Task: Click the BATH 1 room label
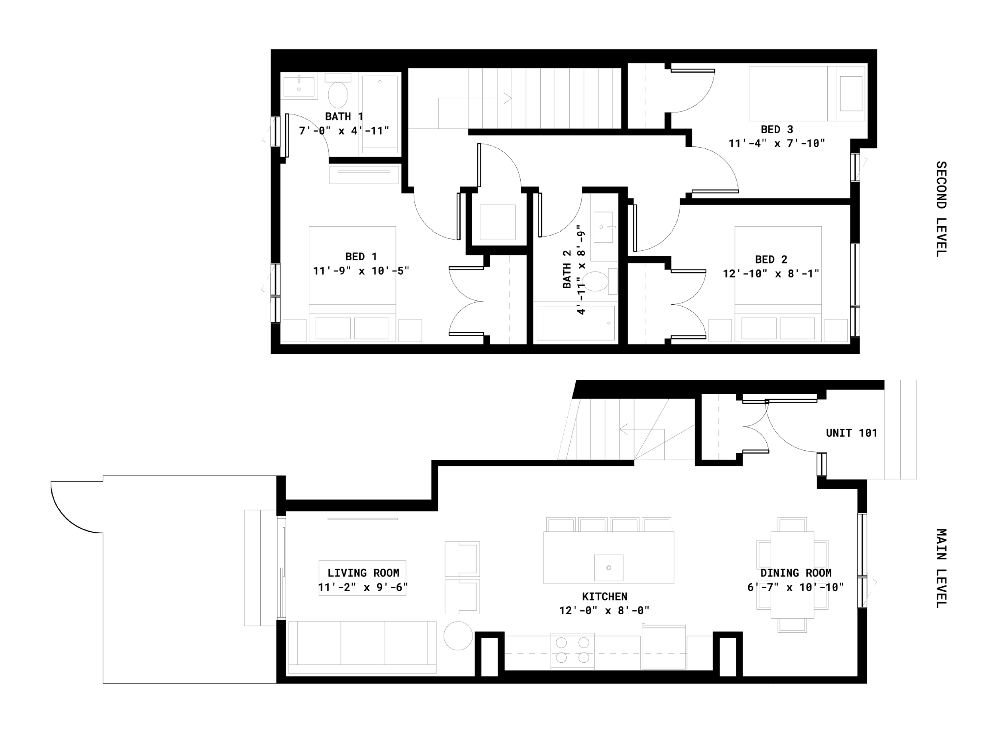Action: pos(344,117)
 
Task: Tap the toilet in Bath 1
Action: pos(338,91)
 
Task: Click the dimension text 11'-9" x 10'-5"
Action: pos(361,271)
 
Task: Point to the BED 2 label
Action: pos(771,260)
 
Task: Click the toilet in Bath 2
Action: pos(600,281)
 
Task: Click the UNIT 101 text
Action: pos(851,433)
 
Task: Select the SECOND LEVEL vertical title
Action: pos(941,209)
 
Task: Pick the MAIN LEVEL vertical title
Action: pos(941,568)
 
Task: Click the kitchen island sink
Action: pos(608,568)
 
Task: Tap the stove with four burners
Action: pos(573,651)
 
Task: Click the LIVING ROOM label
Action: pos(363,573)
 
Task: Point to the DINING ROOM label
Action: pos(796,573)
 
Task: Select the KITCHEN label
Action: pos(605,597)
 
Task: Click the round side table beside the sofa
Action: pos(458,636)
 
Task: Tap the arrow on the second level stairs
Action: pos(475,98)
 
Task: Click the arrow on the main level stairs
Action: pos(642,429)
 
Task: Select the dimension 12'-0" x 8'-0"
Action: pos(604,611)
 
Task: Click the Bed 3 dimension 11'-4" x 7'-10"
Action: pos(777,144)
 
